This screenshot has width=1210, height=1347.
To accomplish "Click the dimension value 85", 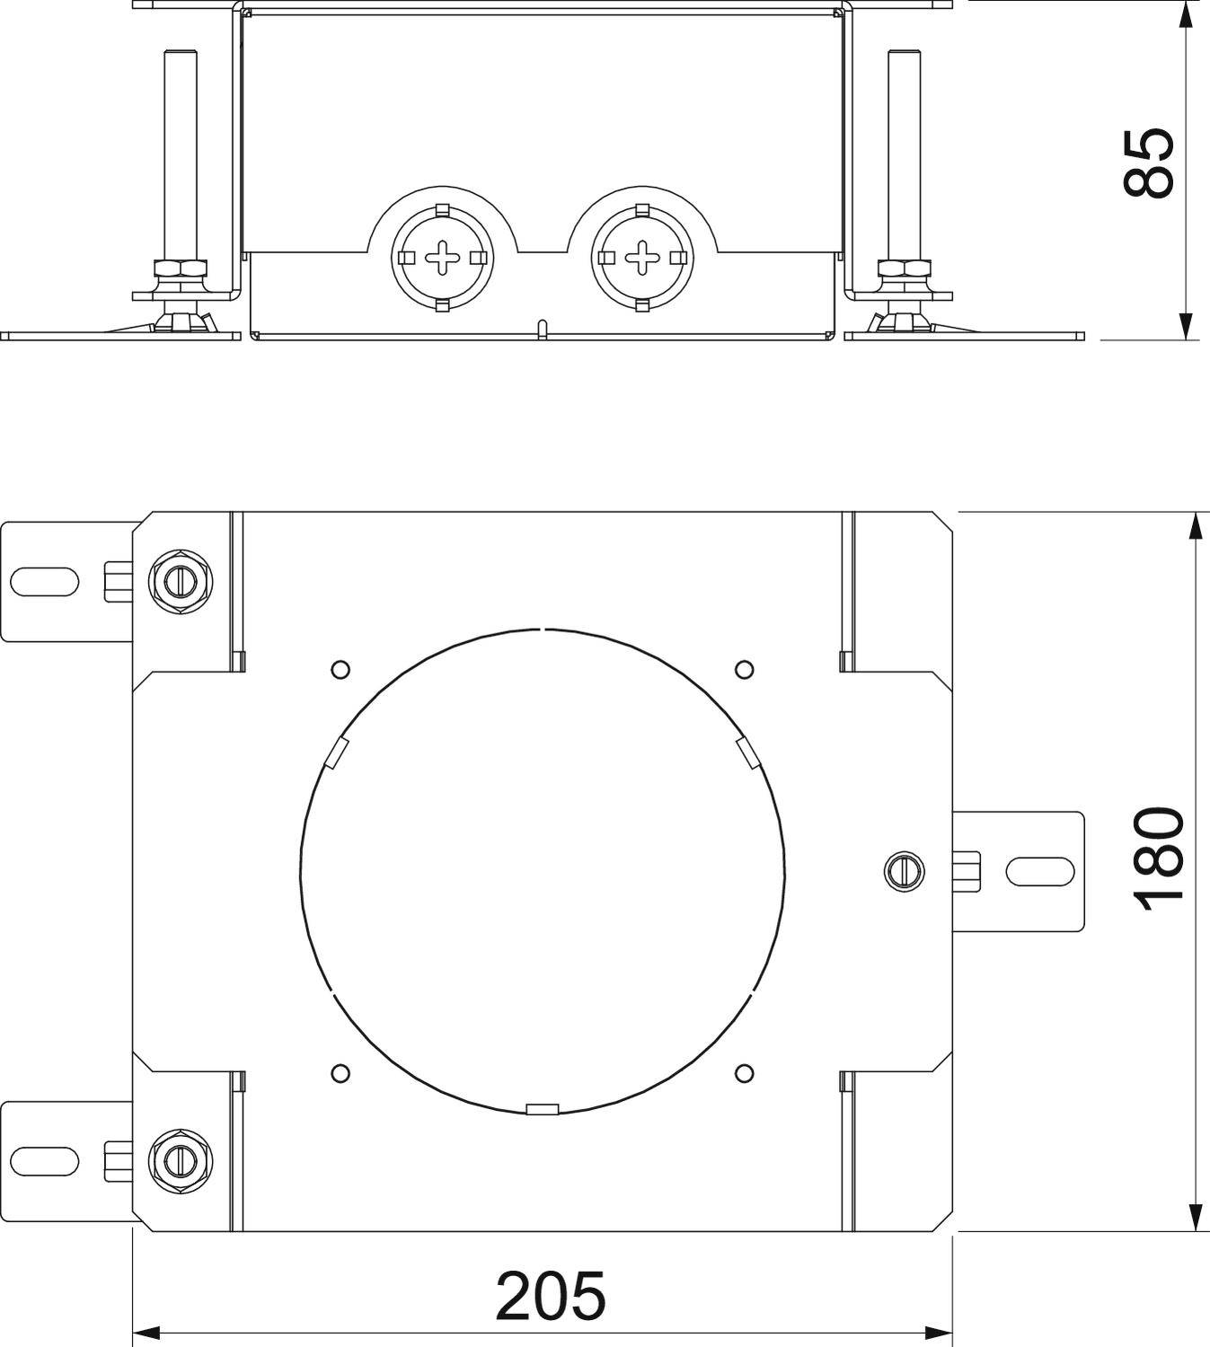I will click(x=1149, y=162).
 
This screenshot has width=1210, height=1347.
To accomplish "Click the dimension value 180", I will click(x=1159, y=858).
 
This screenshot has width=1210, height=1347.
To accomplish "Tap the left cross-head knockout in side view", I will click(x=442, y=259).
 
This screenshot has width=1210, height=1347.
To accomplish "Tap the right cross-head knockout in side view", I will click(x=641, y=259).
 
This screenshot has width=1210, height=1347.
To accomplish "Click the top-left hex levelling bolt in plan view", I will click(x=181, y=583).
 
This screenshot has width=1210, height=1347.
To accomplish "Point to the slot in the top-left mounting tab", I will click(x=45, y=582).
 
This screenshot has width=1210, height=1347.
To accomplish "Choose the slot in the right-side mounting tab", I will click(x=1039, y=870).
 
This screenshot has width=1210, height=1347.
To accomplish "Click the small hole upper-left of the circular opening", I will click(x=340, y=669).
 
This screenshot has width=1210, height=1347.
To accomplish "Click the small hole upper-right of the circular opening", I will click(x=744, y=669).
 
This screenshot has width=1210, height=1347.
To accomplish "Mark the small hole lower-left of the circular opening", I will click(x=340, y=1071).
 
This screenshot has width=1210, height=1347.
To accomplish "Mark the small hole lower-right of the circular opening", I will click(x=744, y=1071).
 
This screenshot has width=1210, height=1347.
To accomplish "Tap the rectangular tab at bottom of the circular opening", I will click(x=543, y=1110).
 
